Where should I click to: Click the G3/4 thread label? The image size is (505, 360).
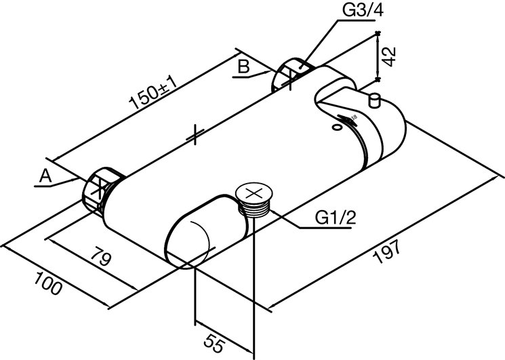tap(363, 11)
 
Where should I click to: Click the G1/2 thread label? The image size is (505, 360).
tap(336, 218)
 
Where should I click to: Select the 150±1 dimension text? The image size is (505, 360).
tap(153, 94)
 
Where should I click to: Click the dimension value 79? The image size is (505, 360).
tap(100, 256)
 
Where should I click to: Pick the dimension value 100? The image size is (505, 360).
tap(47, 283)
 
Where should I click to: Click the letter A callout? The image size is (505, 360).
tap(45, 177)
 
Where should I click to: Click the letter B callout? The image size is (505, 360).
tap(244, 67)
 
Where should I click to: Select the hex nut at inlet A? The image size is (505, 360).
tap(101, 190)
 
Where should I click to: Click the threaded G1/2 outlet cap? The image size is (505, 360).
tap(254, 199)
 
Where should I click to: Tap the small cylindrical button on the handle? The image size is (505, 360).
tap(374, 100)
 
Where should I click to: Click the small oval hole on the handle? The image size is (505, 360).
tap(337, 127)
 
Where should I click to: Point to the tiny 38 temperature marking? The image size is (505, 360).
tap(354, 117)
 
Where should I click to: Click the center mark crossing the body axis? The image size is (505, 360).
tap(195, 134)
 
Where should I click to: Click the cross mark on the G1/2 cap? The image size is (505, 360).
tap(254, 193)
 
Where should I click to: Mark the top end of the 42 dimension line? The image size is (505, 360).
tap(378, 33)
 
